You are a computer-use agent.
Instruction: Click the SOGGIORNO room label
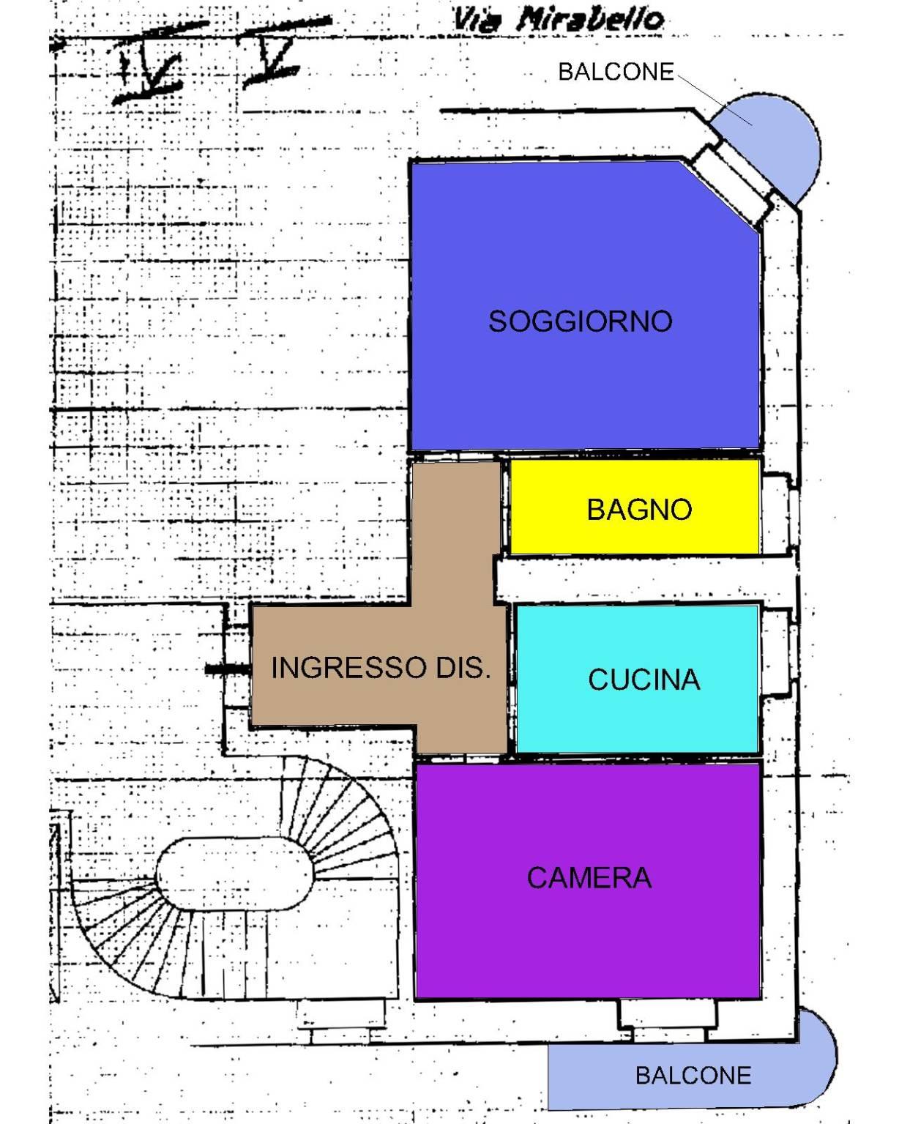580,321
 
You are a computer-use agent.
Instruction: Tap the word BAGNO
639,509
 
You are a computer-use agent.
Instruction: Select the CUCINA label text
644,680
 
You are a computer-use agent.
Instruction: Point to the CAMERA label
589,877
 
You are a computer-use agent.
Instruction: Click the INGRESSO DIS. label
381,668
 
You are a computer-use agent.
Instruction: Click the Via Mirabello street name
558,20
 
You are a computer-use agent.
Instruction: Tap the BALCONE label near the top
616,72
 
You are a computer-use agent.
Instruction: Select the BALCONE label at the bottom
693,1076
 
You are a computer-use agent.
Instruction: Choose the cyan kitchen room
636,679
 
